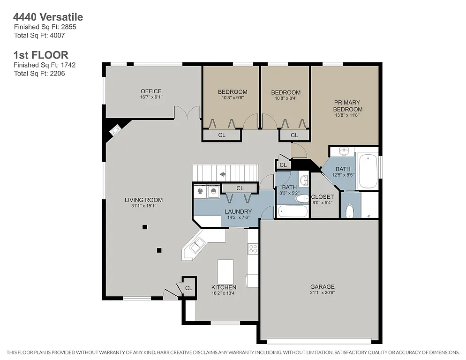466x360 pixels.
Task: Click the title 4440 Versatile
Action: (48, 17)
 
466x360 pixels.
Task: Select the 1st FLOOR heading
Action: (41, 55)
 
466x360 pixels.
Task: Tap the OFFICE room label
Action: (151, 91)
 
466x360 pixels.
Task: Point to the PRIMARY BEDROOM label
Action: (347, 105)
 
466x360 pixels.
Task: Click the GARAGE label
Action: (322, 287)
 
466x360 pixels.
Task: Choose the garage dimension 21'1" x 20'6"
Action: (322, 293)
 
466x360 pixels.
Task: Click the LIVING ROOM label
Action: (143, 200)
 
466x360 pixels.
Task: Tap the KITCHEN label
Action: (224, 287)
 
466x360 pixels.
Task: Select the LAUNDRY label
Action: (238, 211)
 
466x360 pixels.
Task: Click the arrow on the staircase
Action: (223, 174)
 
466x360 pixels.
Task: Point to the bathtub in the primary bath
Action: (367, 171)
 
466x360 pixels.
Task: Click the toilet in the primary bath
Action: (349, 211)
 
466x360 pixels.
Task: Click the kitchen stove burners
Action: (253, 248)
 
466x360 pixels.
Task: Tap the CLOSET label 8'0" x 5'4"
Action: (323, 197)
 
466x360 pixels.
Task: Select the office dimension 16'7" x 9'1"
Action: (151, 97)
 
